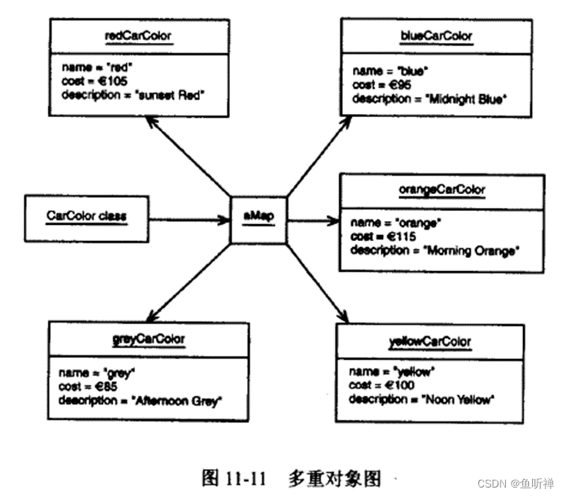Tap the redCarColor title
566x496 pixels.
coord(138,35)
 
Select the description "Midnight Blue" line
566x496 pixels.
coord(431,100)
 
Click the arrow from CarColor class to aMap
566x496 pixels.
coord(189,220)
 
